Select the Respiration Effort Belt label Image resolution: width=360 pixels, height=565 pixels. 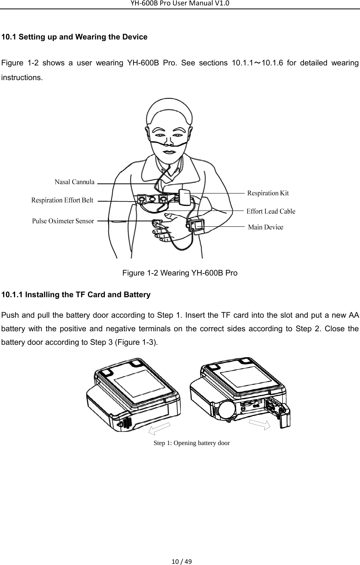[62, 200]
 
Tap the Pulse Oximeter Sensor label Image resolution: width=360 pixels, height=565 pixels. [63, 221]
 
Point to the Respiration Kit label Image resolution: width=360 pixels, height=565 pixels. [268, 193]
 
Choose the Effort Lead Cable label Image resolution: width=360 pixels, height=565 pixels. [271, 211]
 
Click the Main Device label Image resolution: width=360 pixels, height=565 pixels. [265, 227]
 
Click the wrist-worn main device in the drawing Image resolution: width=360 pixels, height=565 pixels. [197, 225]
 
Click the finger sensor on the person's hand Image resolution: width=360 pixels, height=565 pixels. [157, 223]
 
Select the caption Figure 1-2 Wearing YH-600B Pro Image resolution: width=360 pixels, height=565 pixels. [180, 273]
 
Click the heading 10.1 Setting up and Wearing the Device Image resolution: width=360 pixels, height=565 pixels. [74, 37]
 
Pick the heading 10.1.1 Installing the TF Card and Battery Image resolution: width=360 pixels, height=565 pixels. [76, 295]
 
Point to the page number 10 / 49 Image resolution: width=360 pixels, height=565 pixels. [180, 561]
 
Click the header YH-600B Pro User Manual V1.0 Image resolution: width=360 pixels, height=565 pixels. [180, 3]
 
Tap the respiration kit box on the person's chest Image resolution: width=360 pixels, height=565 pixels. [184, 198]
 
